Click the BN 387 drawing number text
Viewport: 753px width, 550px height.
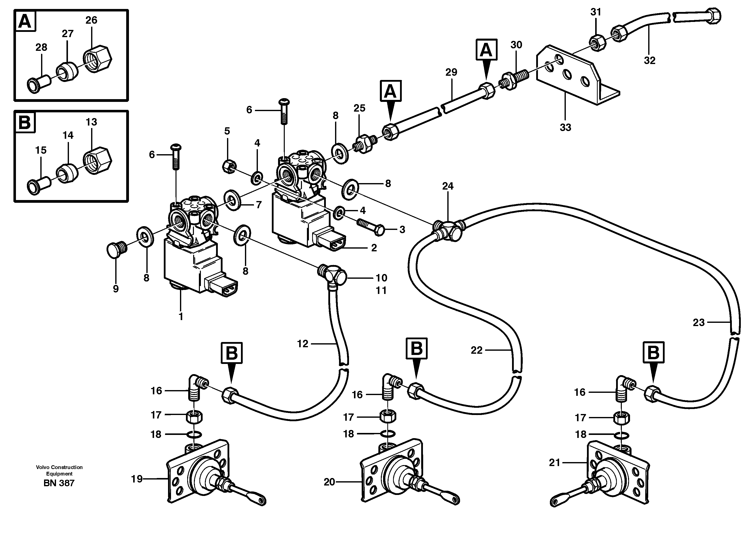59,483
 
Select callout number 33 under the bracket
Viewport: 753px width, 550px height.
565,127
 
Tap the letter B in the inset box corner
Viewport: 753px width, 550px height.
24,122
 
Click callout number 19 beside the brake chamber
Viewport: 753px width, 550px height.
137,479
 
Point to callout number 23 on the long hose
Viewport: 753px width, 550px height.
698,322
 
